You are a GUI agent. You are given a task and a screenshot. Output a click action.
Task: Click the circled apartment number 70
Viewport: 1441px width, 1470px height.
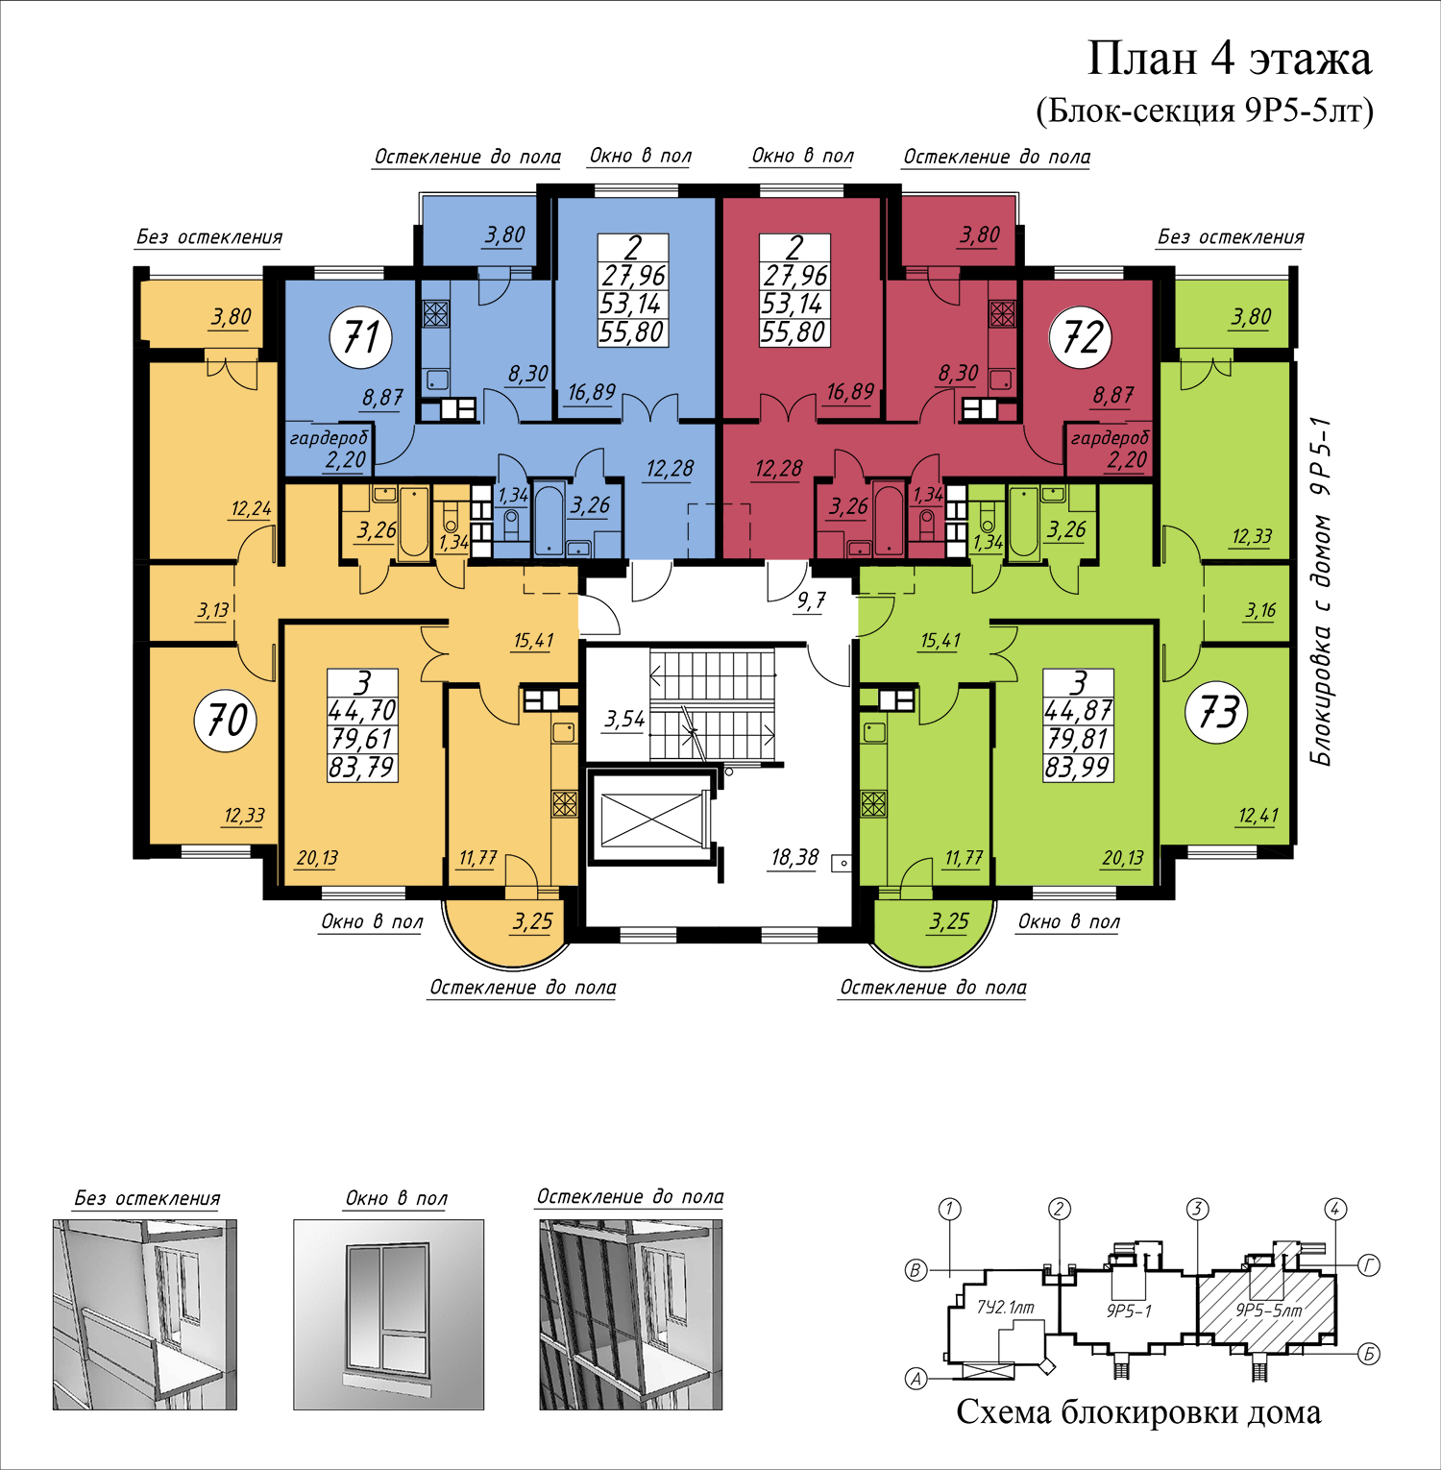[x=227, y=720]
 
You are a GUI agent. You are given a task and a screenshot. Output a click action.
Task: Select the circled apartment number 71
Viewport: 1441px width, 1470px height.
[x=360, y=337]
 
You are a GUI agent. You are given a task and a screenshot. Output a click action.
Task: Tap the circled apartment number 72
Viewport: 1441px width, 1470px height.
[x=1082, y=337]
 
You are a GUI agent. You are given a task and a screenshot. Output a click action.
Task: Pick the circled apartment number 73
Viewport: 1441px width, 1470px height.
[x=1218, y=713]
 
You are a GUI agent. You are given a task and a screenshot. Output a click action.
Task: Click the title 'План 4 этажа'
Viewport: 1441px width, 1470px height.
[x=1229, y=59]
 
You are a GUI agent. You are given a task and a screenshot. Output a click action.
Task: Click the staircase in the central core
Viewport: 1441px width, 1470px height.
[x=712, y=705]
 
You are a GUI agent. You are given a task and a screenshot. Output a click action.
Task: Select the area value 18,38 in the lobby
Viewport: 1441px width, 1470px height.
[x=794, y=857]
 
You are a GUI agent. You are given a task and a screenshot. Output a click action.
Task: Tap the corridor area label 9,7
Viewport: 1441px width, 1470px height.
[x=811, y=601]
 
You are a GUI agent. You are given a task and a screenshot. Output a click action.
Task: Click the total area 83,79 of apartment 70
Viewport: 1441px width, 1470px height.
[x=362, y=767]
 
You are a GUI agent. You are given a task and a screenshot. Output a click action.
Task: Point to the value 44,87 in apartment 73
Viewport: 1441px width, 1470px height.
[x=1078, y=711]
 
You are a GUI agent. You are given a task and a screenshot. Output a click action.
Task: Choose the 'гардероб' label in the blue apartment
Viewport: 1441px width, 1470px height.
[x=329, y=438]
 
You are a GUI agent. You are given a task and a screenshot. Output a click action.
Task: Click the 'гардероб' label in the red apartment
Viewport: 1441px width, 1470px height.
[x=1110, y=438]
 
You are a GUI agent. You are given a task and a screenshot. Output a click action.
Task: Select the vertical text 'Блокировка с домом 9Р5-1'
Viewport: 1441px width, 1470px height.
[x=1323, y=591]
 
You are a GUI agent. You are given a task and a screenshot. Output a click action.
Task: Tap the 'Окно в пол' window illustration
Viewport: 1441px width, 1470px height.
[x=388, y=1314]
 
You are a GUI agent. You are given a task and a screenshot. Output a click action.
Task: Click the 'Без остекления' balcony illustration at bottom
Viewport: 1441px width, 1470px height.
[x=144, y=1314]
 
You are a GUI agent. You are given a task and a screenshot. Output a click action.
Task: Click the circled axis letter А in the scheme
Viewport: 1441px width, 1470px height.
[x=917, y=1380]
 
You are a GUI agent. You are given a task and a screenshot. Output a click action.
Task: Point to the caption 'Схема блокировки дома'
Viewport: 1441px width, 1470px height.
[x=1138, y=1412]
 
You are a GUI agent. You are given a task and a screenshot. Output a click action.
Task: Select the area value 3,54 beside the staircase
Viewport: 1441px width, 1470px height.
[x=624, y=719]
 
